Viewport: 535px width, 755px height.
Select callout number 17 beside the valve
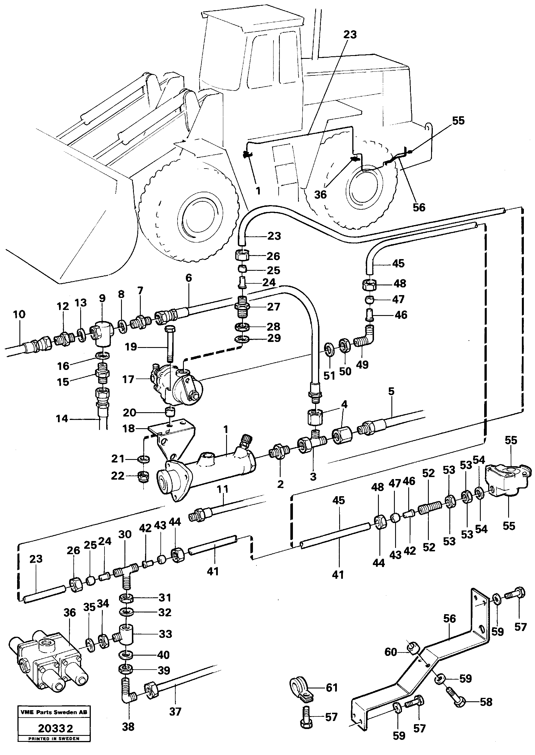pos(128,379)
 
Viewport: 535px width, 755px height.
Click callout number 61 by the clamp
pos(332,688)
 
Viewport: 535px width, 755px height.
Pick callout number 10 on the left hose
pos(19,315)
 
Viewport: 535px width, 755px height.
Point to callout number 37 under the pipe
pos(175,712)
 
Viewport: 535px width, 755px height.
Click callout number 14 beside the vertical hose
pos(62,418)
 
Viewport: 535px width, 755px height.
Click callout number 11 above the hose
pos(223,489)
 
